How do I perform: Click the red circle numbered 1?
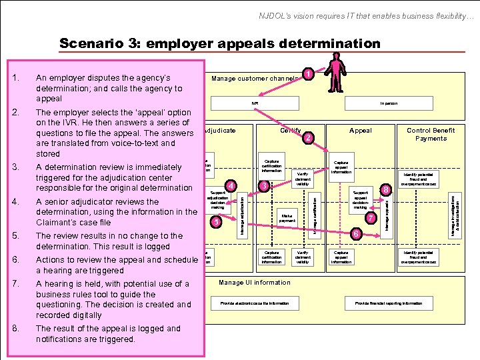(308, 73)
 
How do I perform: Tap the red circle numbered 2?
(308, 139)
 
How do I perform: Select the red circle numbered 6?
(357, 234)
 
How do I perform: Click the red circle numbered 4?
(231, 185)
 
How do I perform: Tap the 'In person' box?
(389, 103)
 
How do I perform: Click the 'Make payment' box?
(287, 217)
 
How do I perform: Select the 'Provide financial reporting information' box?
(388, 303)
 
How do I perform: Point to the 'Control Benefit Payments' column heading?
(431, 134)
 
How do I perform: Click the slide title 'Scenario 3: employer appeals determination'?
(220, 44)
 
